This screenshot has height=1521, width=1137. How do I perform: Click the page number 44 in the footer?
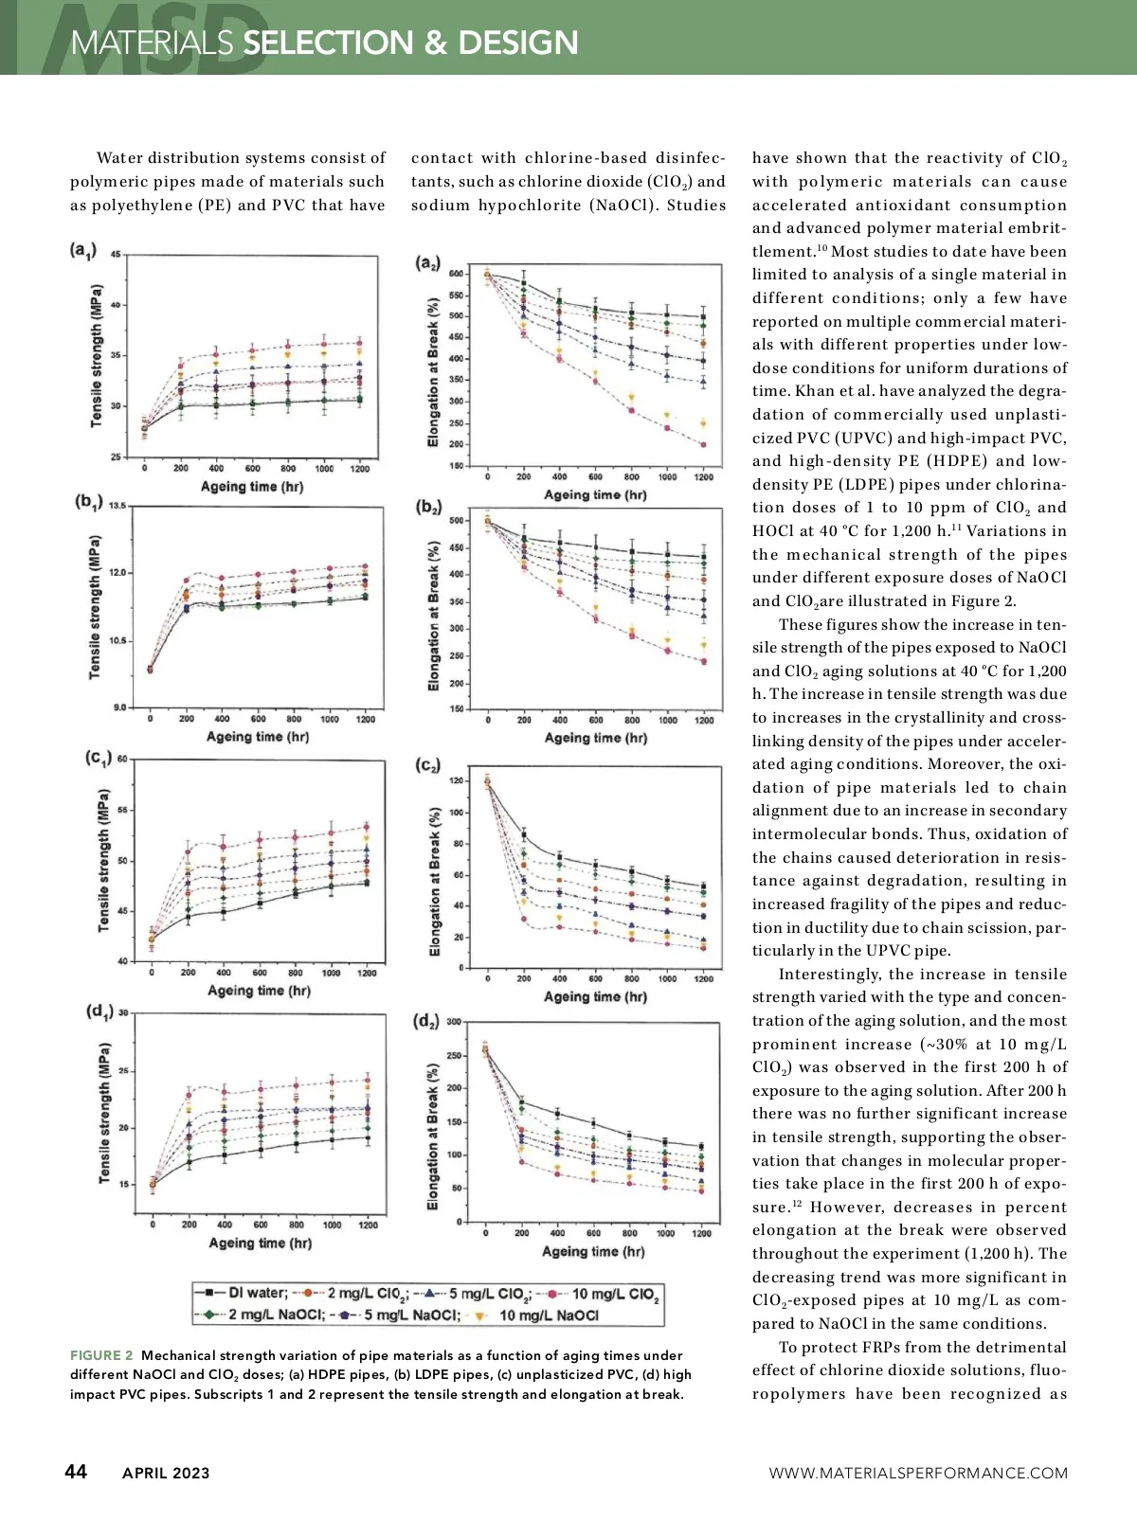(x=76, y=1471)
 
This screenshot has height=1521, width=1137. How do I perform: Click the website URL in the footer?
(x=918, y=1473)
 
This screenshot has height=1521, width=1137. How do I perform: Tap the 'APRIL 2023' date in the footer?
(x=166, y=1473)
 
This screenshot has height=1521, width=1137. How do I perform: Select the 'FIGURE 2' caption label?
(x=101, y=1355)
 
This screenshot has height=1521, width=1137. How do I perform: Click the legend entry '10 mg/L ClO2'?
(x=614, y=1294)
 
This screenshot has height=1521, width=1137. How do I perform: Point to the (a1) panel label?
(x=83, y=250)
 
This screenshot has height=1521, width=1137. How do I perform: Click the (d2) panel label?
(x=427, y=1021)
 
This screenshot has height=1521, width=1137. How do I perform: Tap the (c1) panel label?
(x=99, y=758)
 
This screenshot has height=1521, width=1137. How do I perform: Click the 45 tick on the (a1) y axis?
(x=116, y=256)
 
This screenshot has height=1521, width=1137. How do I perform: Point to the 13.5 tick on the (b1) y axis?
(x=117, y=506)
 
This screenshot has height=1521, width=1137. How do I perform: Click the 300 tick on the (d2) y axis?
(x=454, y=1022)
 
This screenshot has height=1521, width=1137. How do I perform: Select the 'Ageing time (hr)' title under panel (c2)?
(x=595, y=996)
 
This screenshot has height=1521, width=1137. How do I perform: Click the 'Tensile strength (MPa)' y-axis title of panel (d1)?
(x=104, y=1114)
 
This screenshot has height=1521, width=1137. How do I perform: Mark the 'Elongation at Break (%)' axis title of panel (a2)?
(x=433, y=372)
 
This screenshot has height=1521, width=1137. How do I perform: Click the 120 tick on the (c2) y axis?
(x=457, y=781)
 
